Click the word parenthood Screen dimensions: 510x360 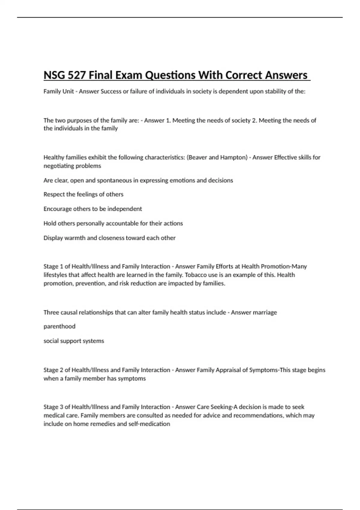pyautogui.click(x=59, y=326)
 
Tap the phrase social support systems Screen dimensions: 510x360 pyautogui.click(x=74, y=341)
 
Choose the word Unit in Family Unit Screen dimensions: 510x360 pyautogui.click(x=68, y=91)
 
